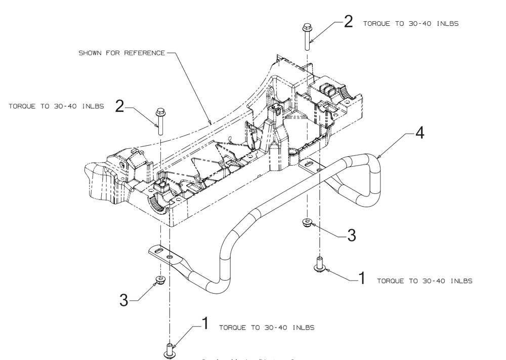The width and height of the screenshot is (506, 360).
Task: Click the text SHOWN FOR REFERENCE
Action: [121, 54]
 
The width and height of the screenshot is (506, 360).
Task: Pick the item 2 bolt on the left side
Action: [160, 121]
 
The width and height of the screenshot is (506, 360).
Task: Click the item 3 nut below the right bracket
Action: [307, 222]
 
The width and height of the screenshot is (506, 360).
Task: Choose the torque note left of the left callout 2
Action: [56, 106]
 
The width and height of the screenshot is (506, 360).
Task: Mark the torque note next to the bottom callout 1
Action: [266, 328]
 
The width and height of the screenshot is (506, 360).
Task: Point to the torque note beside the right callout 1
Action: [425, 281]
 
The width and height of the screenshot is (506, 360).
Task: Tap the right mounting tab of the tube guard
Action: [310, 165]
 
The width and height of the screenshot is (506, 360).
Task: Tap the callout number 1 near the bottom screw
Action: [205, 324]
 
